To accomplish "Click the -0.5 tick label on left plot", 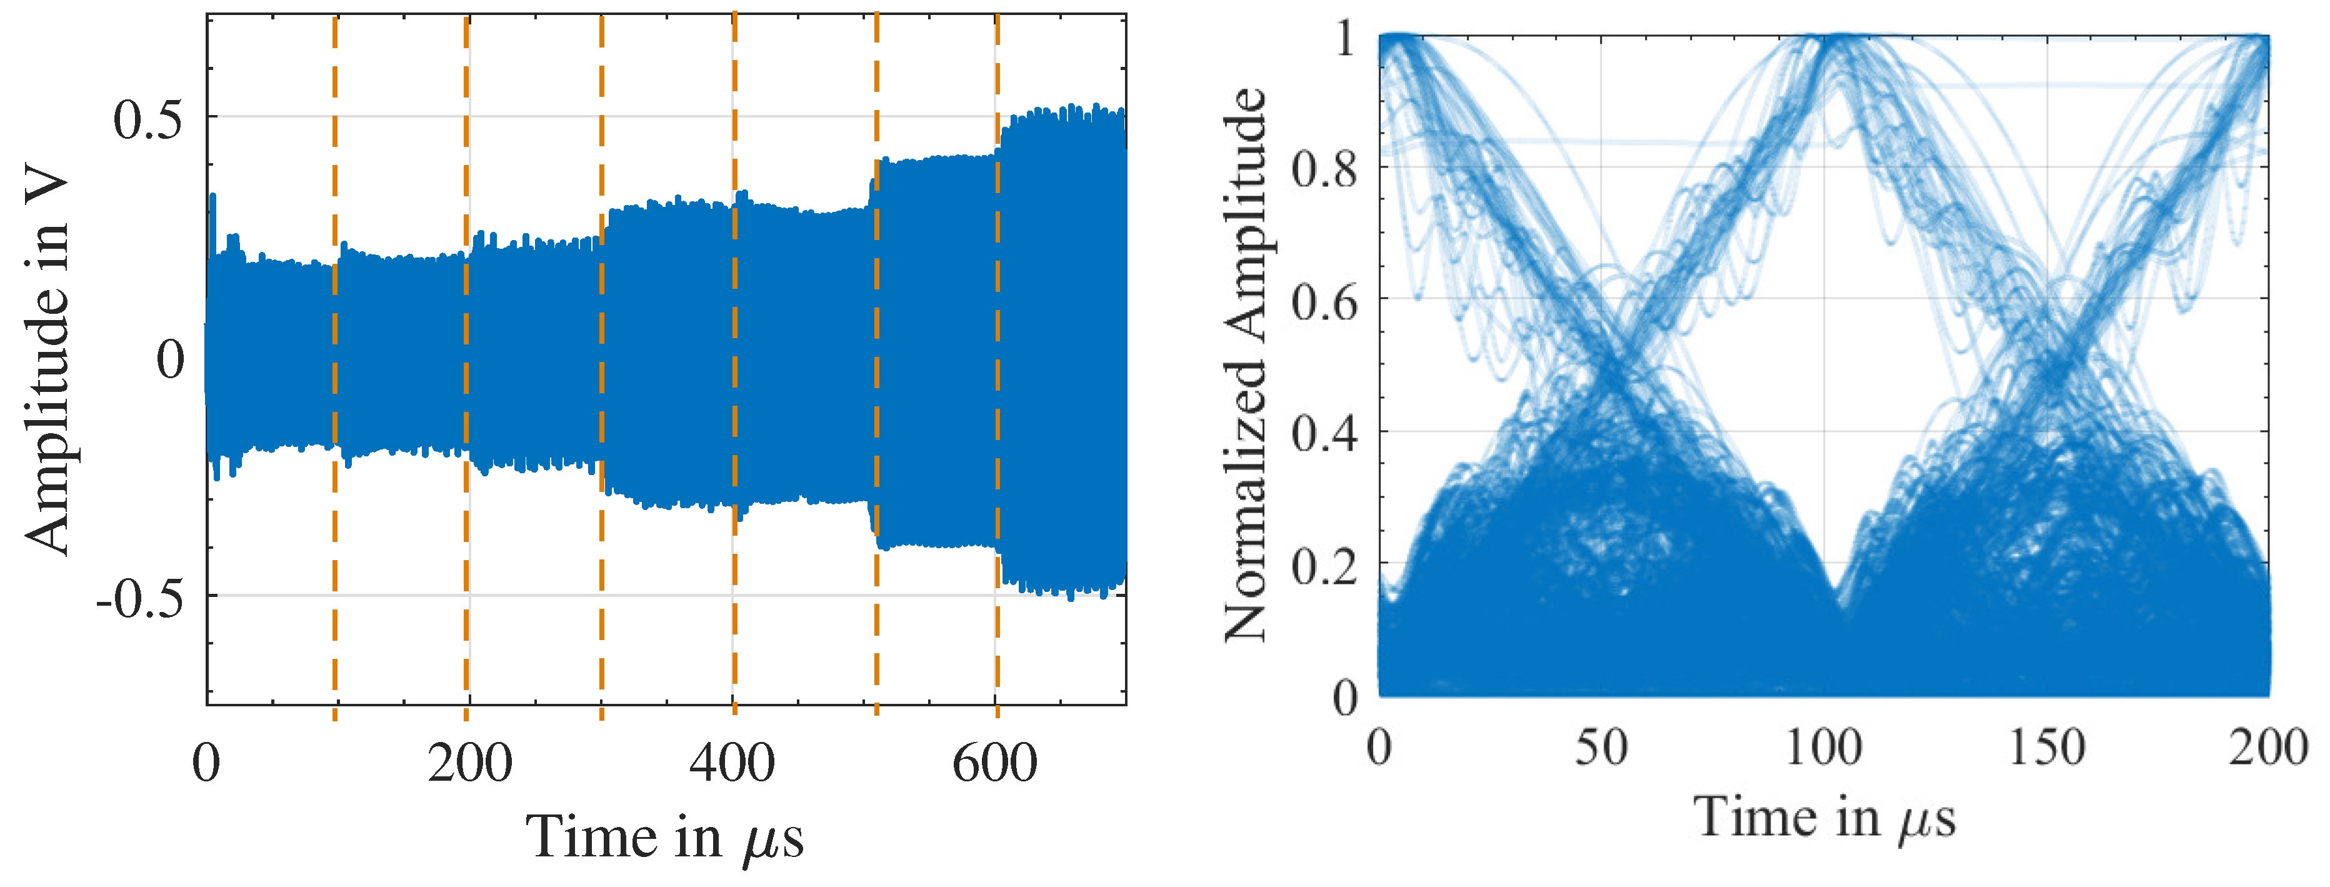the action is point(140,599).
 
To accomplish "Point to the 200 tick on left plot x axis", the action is point(469,763).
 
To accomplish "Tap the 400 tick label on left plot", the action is point(732,763).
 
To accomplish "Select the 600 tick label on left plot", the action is point(995,763).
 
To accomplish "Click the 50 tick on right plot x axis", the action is point(1602,748).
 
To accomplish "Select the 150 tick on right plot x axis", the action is point(2047,748).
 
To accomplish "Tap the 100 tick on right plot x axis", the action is point(1824,748).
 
